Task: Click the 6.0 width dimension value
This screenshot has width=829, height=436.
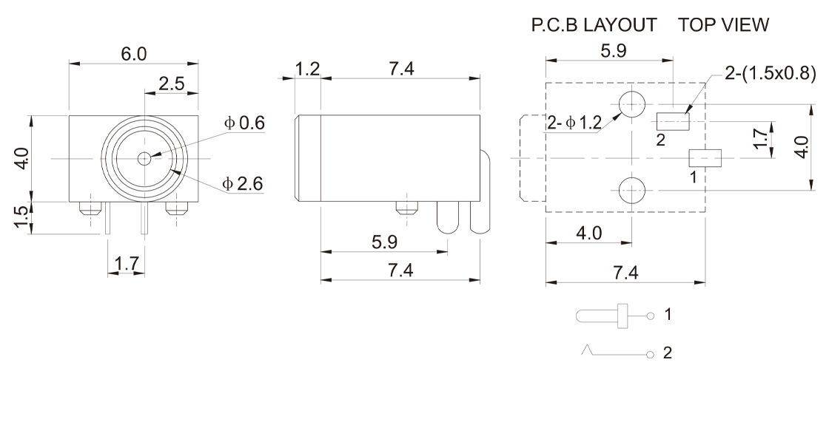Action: (x=134, y=55)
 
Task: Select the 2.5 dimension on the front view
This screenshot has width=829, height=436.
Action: (x=172, y=84)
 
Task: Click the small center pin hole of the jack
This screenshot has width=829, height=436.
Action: (x=144, y=158)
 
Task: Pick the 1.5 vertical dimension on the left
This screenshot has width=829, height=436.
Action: (x=23, y=219)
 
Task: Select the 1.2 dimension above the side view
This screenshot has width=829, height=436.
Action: (x=307, y=69)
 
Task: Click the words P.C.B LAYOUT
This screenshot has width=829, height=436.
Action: (x=594, y=25)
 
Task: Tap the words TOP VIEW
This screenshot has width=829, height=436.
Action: (x=723, y=25)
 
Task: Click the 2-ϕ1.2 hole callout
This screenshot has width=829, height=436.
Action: (x=574, y=123)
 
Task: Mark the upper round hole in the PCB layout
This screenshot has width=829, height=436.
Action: (x=632, y=104)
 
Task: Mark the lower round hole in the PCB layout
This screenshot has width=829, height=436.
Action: (x=632, y=190)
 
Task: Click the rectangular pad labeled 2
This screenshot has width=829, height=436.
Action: (x=673, y=120)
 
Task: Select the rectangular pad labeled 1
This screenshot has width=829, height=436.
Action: (x=705, y=157)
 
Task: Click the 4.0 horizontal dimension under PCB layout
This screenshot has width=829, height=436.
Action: (x=588, y=234)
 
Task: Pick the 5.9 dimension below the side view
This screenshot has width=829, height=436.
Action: (x=383, y=242)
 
